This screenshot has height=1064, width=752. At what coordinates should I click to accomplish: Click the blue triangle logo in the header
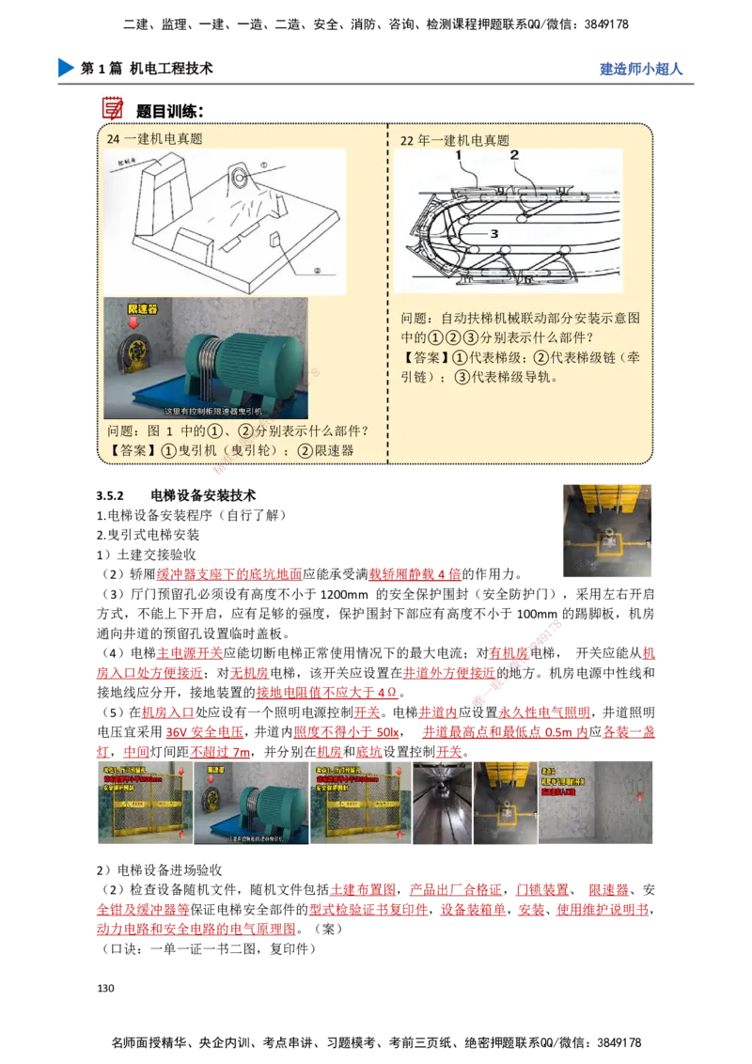(64, 68)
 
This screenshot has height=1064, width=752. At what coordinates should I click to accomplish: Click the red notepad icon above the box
(113, 106)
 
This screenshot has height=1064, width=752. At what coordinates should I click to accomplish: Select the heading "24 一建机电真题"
(155, 139)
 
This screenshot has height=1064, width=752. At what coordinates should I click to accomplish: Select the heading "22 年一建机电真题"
(455, 140)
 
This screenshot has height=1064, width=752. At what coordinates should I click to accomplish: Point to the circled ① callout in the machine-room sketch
(264, 164)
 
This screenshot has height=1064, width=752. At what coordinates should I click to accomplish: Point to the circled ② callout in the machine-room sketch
(317, 269)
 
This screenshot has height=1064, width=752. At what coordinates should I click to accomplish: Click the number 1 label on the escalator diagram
(459, 155)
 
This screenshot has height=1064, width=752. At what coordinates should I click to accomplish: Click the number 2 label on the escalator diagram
(514, 155)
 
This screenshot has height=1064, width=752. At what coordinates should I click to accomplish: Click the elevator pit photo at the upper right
(604, 530)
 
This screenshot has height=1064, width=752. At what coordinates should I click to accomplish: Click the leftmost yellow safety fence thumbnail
(145, 805)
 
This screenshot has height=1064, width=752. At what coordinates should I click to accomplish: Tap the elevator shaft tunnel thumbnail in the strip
(442, 805)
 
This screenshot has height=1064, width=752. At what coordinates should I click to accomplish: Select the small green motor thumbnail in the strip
(251, 805)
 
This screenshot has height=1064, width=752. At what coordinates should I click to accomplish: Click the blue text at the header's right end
(640, 69)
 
